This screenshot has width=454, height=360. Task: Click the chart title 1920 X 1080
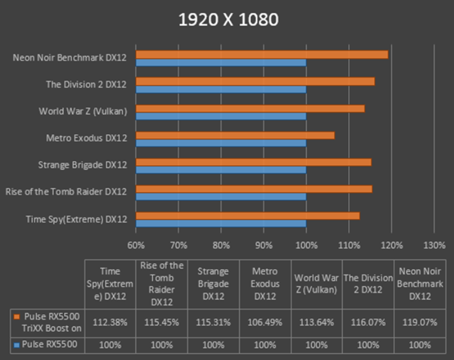pos(228,20)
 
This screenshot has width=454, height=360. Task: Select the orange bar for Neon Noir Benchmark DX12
pos(262,54)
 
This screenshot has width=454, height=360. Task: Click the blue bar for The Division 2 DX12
pos(221,90)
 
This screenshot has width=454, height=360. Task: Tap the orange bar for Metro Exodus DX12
pos(235,135)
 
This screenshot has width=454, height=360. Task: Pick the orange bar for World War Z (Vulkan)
pos(250,108)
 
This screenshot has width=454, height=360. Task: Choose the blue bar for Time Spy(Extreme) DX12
pos(221,224)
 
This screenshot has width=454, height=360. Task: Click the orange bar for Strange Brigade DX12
pos(254,162)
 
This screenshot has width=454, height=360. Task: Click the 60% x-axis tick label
pos(136,245)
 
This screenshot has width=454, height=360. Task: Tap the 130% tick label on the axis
pos(434,245)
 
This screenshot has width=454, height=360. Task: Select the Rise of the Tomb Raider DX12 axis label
pos(66,192)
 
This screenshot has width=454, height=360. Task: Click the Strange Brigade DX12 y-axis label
pos(82,165)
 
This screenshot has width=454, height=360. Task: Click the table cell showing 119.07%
pos(419,322)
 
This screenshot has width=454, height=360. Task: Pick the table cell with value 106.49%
pos(265,322)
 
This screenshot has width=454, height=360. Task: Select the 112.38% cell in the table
pos(110,322)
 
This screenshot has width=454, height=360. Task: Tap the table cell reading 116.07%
pos(368,322)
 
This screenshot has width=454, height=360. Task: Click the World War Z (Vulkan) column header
pos(316,284)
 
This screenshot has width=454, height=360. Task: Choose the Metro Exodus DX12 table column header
pos(265,284)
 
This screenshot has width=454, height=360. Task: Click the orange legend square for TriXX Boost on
pos(17,316)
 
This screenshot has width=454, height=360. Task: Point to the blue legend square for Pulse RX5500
pos(17,344)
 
